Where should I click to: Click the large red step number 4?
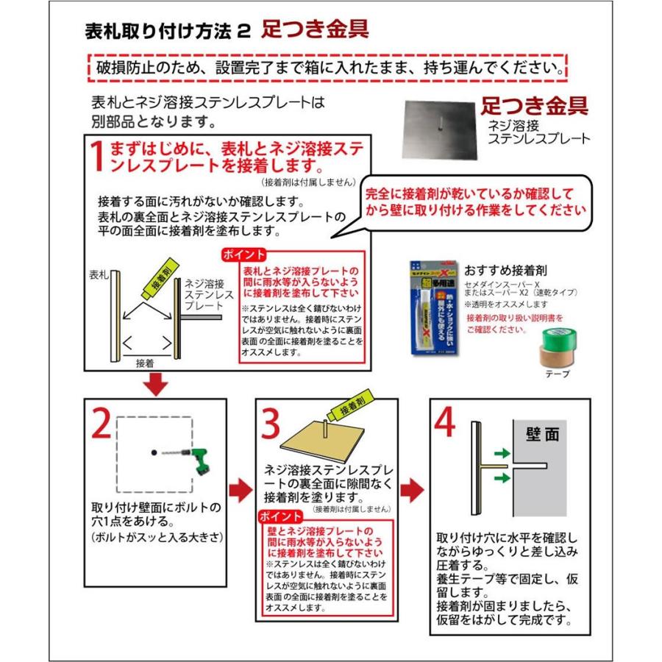pyautogui.click(x=447, y=424)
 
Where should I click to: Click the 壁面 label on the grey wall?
pyautogui.click(x=543, y=434)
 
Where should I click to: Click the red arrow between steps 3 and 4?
pyautogui.click(x=415, y=489)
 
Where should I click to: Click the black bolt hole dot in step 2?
pyautogui.click(x=154, y=453)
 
